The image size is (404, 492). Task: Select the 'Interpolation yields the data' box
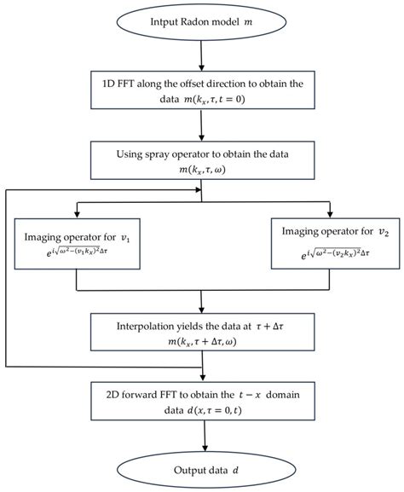tap(202, 334)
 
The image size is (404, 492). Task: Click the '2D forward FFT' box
tap(202, 402)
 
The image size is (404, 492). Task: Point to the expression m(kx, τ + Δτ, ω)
tap(202, 343)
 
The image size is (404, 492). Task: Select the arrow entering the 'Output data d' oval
tap(202, 437)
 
